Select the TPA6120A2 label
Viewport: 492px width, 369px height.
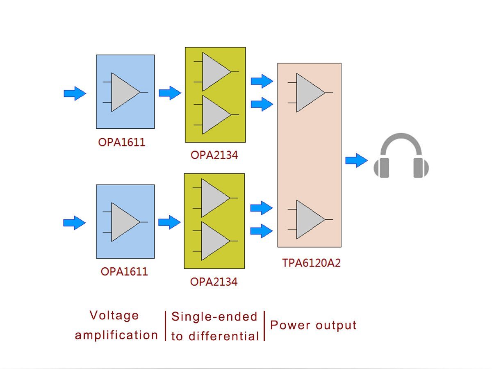311,263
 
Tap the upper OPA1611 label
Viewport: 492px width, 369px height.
121,143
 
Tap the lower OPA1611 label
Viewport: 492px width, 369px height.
124,271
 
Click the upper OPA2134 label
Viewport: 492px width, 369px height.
214,155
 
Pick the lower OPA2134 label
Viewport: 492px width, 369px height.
214,282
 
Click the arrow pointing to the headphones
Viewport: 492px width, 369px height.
356,160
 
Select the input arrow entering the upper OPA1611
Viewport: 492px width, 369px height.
75,94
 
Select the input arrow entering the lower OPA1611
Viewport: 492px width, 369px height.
74,223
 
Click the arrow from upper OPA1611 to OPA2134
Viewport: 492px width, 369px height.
170,93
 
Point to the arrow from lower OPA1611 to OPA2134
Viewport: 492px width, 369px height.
169,222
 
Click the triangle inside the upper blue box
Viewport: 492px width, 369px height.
124,92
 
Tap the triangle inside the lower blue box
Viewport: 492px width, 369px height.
124,222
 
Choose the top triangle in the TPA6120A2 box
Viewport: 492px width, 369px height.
309,93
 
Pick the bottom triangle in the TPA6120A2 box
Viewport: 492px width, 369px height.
309,219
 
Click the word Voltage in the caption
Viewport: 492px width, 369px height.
114,316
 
